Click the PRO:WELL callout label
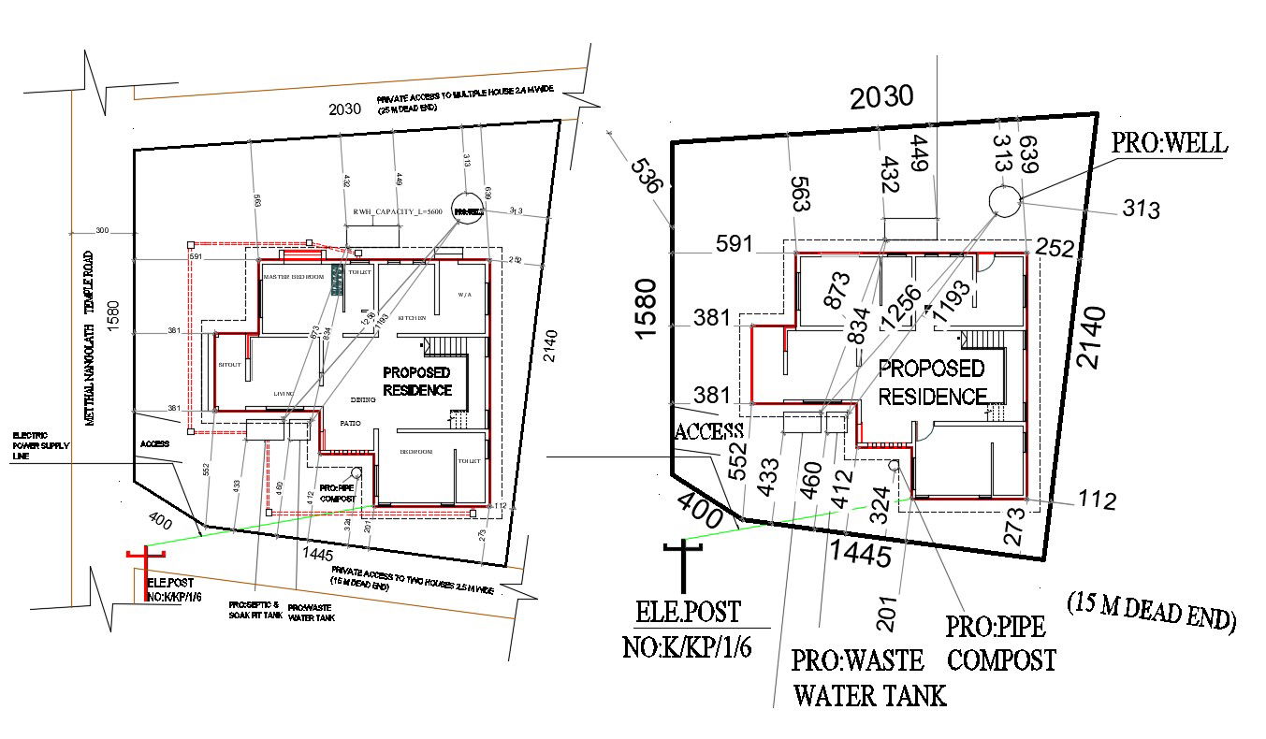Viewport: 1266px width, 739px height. tap(1169, 143)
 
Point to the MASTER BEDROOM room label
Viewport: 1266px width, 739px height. tap(293, 277)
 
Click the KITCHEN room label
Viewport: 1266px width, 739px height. tap(412, 318)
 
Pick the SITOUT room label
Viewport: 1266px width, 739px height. tap(230, 364)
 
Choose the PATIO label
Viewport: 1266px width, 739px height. tap(350, 424)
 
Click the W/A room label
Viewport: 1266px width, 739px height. tap(465, 295)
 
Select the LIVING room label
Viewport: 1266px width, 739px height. tap(284, 394)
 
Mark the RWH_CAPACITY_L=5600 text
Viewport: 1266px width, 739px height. tap(397, 212)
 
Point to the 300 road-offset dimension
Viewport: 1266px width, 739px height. tap(102, 229)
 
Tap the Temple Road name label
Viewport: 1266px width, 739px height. tap(90, 338)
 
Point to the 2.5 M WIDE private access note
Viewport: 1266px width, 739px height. tap(412, 578)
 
